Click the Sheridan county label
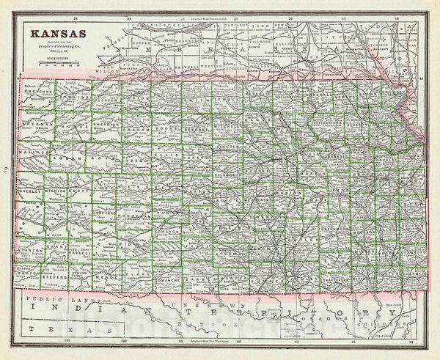(x=106, y=125)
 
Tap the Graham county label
(x=137, y=125)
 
